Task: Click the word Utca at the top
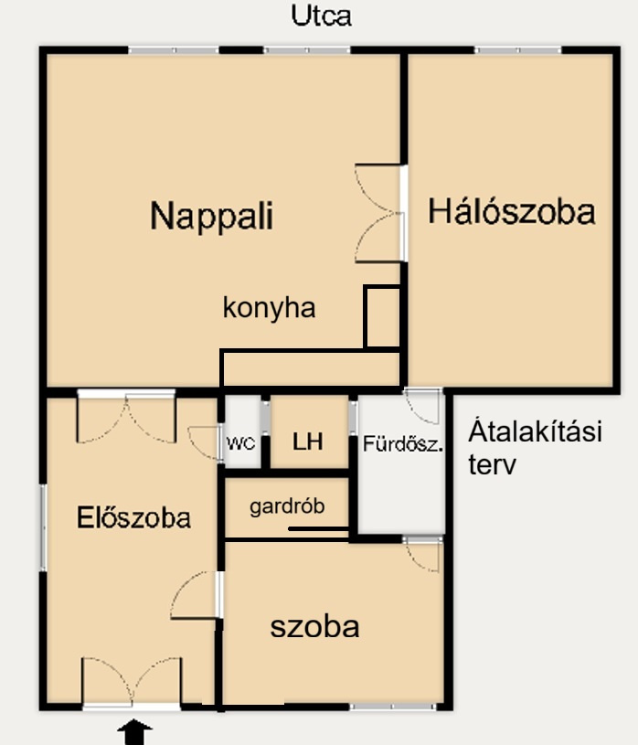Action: (321, 16)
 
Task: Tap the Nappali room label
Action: (211, 216)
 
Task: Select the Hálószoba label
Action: (512, 211)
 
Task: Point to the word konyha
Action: (269, 308)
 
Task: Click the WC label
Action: (241, 443)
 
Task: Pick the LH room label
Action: (308, 442)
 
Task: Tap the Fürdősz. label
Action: (403, 443)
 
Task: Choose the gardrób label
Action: (287, 506)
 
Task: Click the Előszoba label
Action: (133, 517)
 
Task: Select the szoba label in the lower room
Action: (314, 627)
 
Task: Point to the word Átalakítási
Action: (535, 431)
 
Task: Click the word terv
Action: (492, 464)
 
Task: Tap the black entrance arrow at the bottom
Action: (135, 731)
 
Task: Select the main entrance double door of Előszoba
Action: (132, 683)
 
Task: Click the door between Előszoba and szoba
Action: (197, 595)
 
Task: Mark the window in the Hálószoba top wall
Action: (518, 50)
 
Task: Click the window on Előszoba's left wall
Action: (43, 527)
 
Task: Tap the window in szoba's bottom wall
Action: (393, 707)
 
